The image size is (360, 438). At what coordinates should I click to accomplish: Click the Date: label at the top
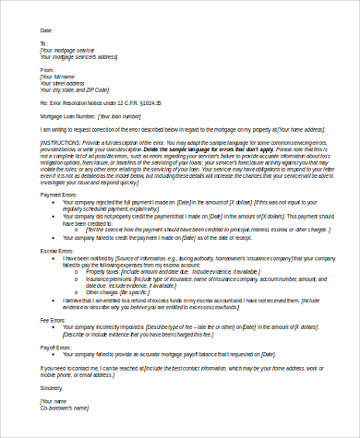pyautogui.click(x=45, y=29)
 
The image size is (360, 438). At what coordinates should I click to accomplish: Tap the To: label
pyautogui.click(x=42, y=42)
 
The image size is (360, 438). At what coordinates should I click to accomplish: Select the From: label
pyautogui.click(x=45, y=68)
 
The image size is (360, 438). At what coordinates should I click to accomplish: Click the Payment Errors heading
pyautogui.click(x=58, y=195)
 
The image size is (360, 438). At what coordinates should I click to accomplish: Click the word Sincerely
pyautogui.click(x=52, y=388)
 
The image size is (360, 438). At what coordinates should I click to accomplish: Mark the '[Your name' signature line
pyautogui.click(x=54, y=402)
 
